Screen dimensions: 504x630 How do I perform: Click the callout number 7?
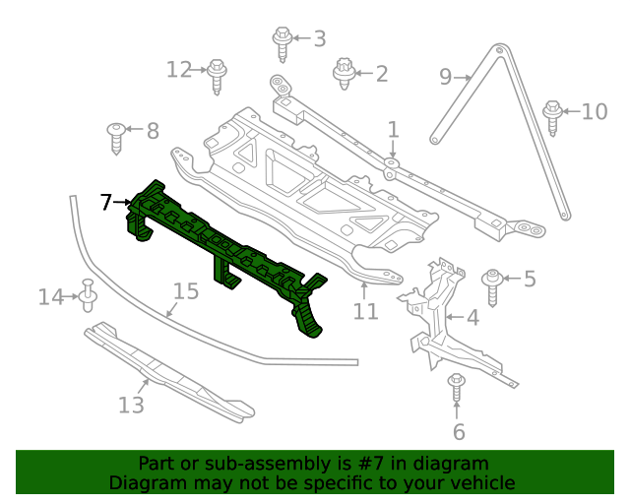click(x=106, y=203)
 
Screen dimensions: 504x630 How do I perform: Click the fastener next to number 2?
click(x=344, y=74)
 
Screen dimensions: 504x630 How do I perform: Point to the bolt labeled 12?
click(x=219, y=75)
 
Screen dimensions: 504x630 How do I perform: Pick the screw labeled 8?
click(x=117, y=137)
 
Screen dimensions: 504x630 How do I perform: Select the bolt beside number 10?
click(x=552, y=115)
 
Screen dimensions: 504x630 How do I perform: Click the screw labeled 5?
click(x=492, y=284)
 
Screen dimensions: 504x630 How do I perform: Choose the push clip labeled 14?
click(x=88, y=294)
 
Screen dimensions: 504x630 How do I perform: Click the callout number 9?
click(x=445, y=76)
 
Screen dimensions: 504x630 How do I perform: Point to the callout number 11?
click(x=365, y=312)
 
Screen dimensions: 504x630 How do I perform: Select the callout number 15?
click(x=186, y=291)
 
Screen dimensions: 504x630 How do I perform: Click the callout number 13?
click(x=131, y=405)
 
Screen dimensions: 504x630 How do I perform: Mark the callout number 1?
click(x=393, y=129)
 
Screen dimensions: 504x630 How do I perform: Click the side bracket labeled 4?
click(x=433, y=315)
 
